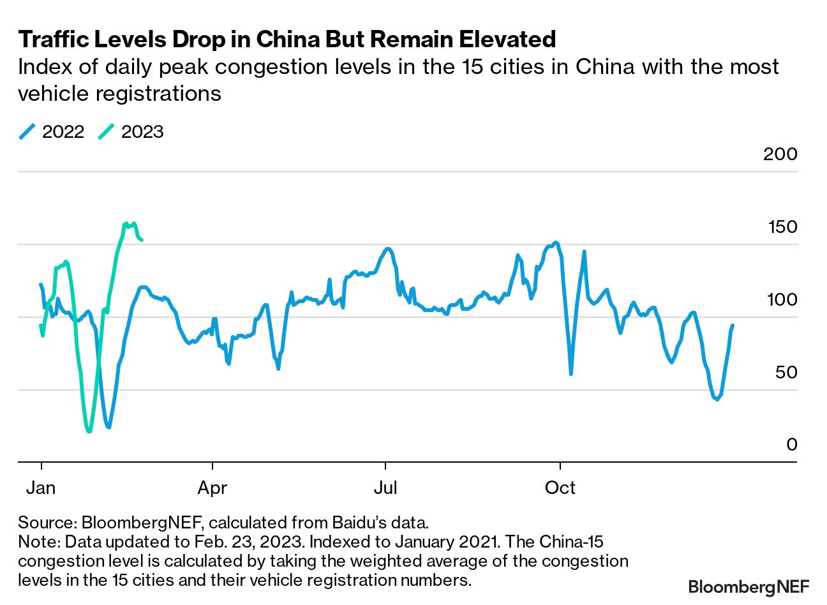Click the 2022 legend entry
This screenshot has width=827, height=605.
(52, 132)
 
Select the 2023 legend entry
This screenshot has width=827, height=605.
(131, 132)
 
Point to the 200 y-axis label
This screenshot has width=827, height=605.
(780, 154)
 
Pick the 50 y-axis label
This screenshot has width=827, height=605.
(786, 372)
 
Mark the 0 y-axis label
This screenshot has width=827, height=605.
(791, 444)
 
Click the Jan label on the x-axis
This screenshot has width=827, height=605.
(41, 488)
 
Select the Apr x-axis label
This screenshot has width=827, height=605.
(212, 488)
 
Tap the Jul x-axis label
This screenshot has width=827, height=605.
(385, 488)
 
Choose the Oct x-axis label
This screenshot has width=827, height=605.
(560, 488)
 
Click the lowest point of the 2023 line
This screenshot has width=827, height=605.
(89, 431)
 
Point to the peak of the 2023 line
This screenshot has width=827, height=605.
(126, 223)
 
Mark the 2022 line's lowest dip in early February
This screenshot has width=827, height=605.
(109, 427)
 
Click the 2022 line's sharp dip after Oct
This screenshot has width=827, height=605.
(570, 373)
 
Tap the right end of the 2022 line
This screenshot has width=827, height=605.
(733, 325)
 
